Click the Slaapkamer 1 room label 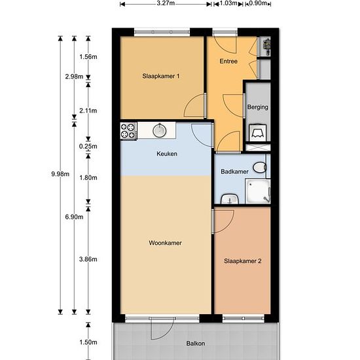click(161, 76)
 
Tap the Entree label click(228, 61)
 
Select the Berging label click(258, 107)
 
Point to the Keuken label click(167, 154)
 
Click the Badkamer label click(234, 171)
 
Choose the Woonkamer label click(166, 243)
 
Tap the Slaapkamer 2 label click(243, 261)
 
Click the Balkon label click(196, 344)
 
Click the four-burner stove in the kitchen click(128, 131)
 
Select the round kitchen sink click(160, 130)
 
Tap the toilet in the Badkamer click(260, 168)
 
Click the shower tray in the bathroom click(258, 191)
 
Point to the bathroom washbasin click(230, 199)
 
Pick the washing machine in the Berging click(258, 133)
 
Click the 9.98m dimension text click(60, 174)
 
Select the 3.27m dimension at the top click(166, 3)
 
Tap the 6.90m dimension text click(74, 217)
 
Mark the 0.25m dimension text click(88, 146)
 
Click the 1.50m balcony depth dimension click(88, 342)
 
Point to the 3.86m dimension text click(88, 259)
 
